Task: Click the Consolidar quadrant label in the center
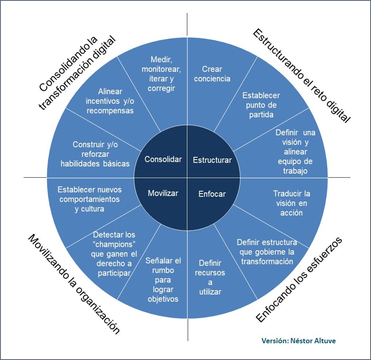[163, 159]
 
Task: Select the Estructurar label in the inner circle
[212, 160]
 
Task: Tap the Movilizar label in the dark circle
[163, 193]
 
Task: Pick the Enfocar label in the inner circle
[212, 194]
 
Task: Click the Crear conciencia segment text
[212, 74]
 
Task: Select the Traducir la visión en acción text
[291, 203]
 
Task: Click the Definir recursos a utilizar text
[210, 277]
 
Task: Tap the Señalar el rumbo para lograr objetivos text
[162, 280]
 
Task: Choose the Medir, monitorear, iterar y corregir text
[161, 74]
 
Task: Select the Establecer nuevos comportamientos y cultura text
[89, 199]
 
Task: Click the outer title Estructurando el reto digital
[301, 76]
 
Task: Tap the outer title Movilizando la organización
[74, 284]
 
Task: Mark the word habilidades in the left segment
[80, 163]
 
